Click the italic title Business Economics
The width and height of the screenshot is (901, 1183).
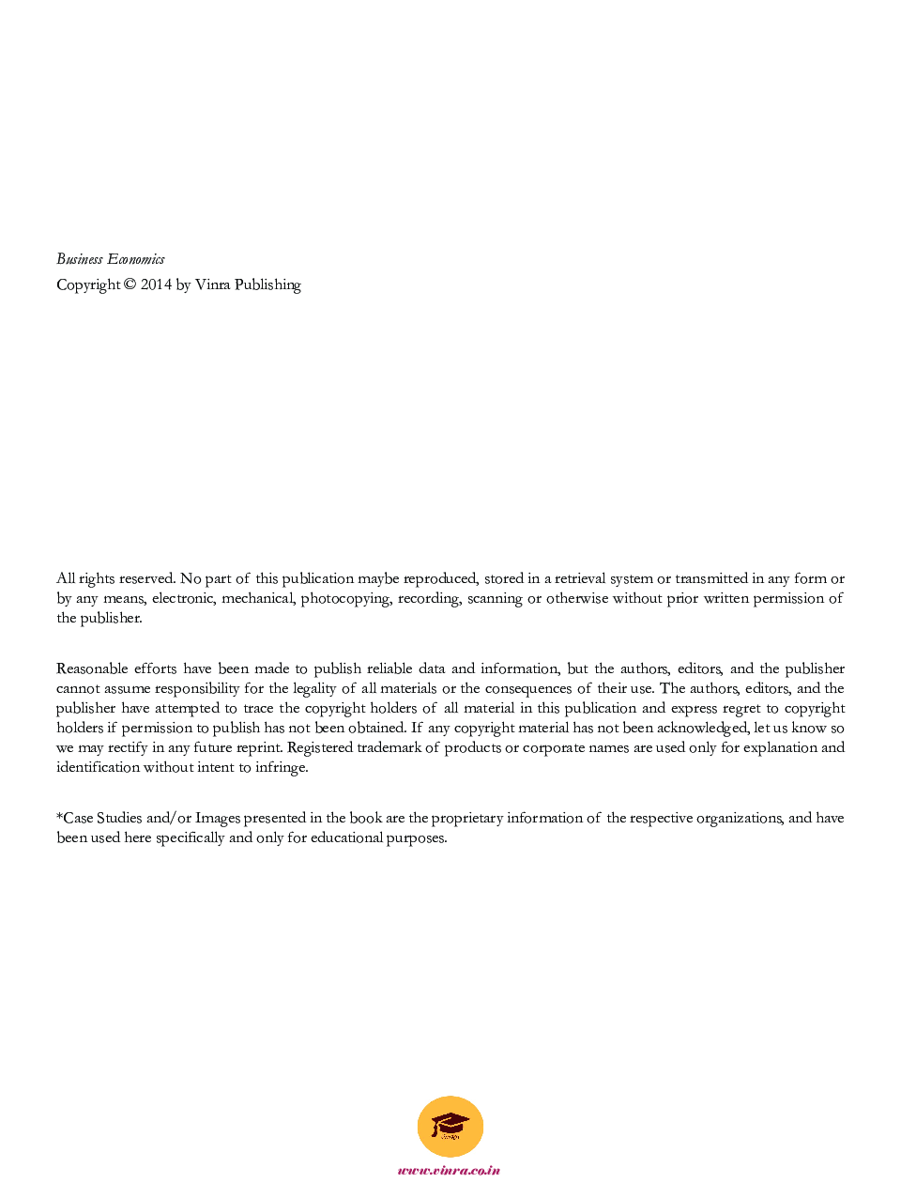tap(111, 259)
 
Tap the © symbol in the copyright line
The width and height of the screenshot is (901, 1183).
tap(130, 284)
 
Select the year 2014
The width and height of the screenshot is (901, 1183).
tap(156, 284)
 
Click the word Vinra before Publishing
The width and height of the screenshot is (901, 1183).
tap(212, 284)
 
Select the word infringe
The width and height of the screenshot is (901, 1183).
tap(282, 768)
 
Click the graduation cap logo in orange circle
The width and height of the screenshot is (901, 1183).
tap(450, 1126)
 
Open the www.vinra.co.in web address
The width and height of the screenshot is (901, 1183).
tap(449, 1170)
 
